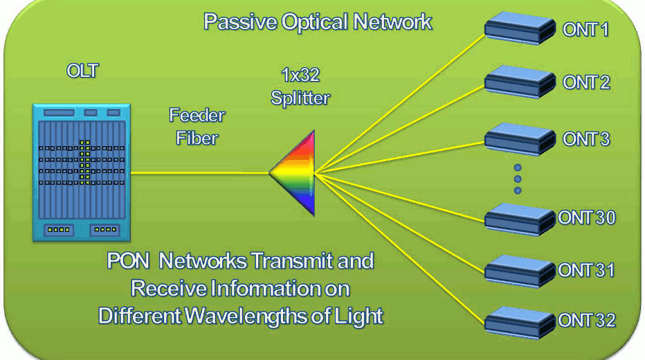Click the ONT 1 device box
(x=520, y=28)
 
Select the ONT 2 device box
(x=520, y=82)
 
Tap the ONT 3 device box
(x=520, y=139)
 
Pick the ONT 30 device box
(x=520, y=219)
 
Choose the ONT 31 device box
(x=520, y=271)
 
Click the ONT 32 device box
(x=520, y=323)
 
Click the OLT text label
(x=82, y=71)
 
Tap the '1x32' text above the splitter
(x=300, y=75)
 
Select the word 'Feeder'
(x=197, y=115)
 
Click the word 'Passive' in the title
(x=240, y=21)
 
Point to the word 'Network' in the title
(x=392, y=21)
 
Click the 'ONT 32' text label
(x=587, y=321)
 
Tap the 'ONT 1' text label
(x=585, y=30)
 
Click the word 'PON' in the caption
(x=128, y=261)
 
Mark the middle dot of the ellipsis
(x=518, y=179)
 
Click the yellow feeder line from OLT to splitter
(x=199, y=173)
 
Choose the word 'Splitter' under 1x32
(x=300, y=98)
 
